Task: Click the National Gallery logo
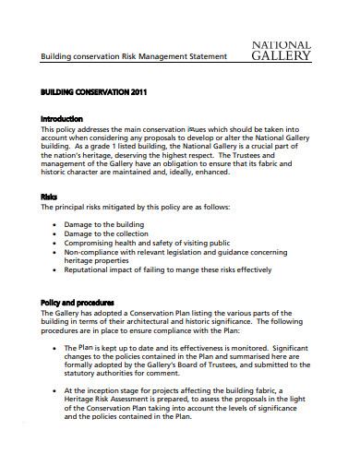[x=281, y=50]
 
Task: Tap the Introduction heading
[x=62, y=119]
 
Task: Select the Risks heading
[x=50, y=196]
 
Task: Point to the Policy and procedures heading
[x=78, y=302]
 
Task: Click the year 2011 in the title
[x=135, y=94]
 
